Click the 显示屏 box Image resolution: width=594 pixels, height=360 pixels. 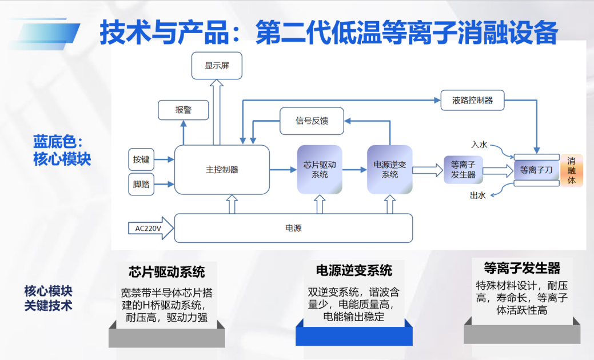[216, 66]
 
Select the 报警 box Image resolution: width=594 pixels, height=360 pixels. [183, 110]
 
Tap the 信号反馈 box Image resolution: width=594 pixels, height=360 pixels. [312, 121]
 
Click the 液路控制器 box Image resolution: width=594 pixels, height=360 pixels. [472, 100]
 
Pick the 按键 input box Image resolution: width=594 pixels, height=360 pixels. [141, 159]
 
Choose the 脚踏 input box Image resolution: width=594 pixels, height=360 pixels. [141, 185]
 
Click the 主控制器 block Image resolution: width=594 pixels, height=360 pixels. [222, 170]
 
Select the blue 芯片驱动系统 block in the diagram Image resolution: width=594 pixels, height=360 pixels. [320, 170]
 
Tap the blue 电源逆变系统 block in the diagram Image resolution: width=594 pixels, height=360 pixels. [389, 170]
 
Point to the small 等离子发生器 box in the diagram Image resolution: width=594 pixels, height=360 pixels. [463, 170]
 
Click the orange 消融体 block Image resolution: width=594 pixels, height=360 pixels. [571, 170]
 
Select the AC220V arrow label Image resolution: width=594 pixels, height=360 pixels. [148, 229]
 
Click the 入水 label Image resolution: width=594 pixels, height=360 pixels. [479, 145]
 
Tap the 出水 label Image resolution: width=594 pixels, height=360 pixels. [477, 195]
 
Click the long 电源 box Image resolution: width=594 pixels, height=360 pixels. [293, 228]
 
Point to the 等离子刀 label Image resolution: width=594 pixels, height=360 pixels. [536, 170]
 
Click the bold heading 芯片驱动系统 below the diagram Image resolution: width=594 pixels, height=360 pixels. [167, 271]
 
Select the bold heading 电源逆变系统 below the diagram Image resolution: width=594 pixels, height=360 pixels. [354, 270]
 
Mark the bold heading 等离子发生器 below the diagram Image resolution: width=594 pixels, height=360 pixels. [522, 268]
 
